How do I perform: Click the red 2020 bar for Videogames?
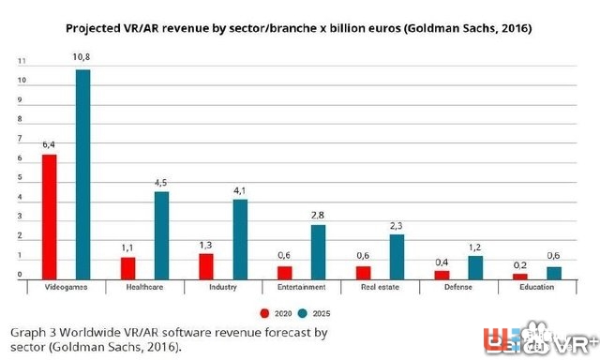click(49, 217)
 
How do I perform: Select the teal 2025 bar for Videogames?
click(83, 174)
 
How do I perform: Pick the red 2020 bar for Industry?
click(205, 266)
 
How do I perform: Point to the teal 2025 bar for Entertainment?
click(318, 251)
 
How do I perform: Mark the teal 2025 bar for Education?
click(554, 273)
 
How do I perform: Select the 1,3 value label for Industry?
click(205, 245)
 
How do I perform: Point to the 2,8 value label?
click(318, 215)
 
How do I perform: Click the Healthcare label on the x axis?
click(144, 287)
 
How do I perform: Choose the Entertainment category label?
click(301, 287)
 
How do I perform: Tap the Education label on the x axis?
click(537, 287)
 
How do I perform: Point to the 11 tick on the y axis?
click(21, 61)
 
